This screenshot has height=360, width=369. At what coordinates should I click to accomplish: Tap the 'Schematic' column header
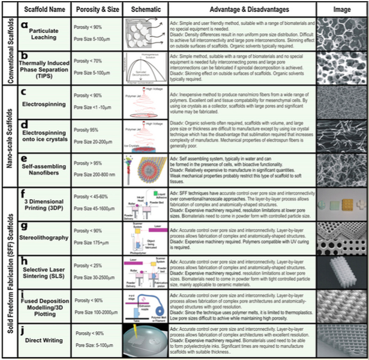(146, 10)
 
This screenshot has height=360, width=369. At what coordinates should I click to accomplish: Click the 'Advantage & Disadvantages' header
(249, 10)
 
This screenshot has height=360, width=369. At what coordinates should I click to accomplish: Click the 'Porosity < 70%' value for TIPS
(90, 61)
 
